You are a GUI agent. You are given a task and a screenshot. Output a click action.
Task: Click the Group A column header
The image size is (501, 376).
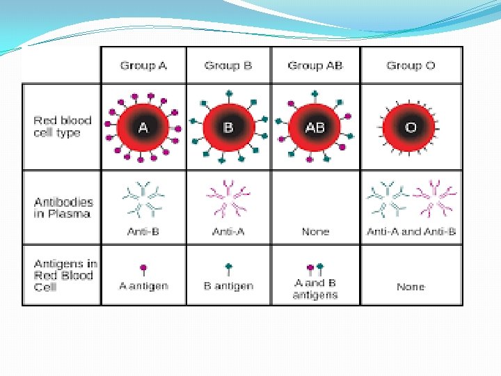(143, 65)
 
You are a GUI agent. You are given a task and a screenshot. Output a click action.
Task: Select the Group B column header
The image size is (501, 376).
(228, 65)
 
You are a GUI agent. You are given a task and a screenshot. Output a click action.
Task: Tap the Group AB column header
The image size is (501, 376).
(315, 65)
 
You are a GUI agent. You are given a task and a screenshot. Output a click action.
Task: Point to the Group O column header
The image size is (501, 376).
(411, 65)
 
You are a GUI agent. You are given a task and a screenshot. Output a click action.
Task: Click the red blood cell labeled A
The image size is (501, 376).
(143, 127)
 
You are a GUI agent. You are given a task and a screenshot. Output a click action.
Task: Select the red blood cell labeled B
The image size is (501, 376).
(228, 127)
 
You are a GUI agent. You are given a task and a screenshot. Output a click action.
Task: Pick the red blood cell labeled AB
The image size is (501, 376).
(315, 127)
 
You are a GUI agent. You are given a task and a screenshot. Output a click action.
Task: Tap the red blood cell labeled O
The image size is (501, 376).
(410, 127)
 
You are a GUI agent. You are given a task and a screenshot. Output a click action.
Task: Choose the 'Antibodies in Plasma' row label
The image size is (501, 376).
(62, 207)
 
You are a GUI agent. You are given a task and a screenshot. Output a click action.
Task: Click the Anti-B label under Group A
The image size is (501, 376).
(143, 231)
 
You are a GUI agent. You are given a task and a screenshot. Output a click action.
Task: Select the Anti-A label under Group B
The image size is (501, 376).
(228, 231)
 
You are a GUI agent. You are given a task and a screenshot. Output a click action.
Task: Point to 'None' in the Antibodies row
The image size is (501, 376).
(315, 231)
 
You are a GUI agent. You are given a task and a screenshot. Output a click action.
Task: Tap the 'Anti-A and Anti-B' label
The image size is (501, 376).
(411, 231)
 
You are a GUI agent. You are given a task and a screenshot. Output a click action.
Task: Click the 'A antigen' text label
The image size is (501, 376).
(143, 286)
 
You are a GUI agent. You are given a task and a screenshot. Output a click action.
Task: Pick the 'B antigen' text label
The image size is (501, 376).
(228, 286)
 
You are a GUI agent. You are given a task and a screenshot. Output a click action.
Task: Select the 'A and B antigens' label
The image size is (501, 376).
(315, 289)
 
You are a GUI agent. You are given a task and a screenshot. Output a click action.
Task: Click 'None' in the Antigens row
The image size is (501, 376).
(411, 286)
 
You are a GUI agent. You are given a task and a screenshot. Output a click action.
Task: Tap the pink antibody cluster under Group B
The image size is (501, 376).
(228, 198)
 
